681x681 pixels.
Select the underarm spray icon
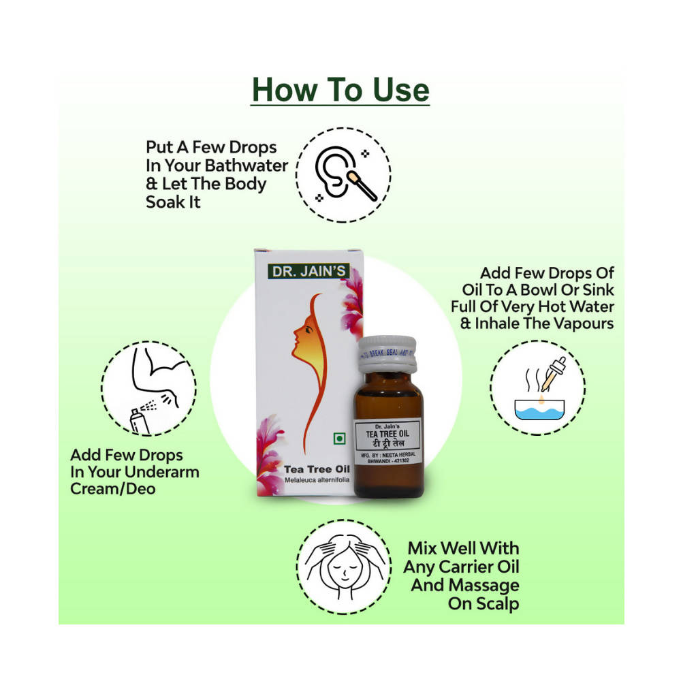pos(148,389)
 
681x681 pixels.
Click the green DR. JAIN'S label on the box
pos(309,270)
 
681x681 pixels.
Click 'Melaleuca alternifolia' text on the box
pos(306,482)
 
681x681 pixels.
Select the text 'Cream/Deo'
pos(113,488)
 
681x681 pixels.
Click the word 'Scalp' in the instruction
pos(495,603)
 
